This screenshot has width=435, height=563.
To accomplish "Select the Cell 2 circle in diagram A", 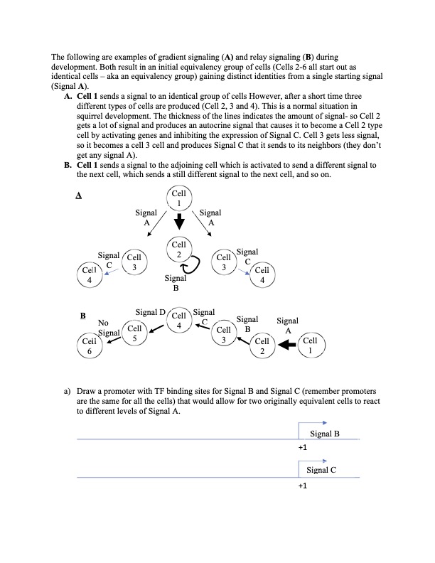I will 179,250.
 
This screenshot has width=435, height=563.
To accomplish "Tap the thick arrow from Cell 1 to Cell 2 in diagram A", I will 179,223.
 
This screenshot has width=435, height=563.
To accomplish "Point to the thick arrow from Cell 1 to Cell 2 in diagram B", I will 286,346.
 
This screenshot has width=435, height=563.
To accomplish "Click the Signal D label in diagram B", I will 150,312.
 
